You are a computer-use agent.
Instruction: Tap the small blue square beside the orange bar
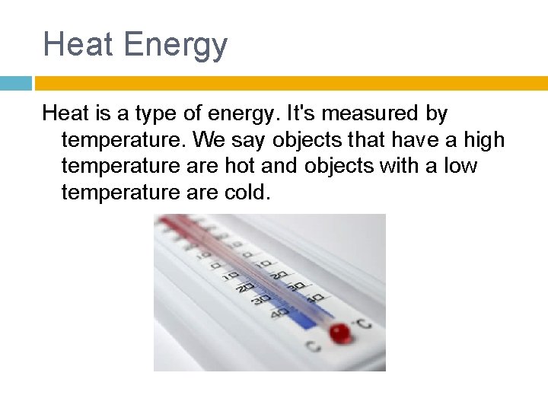[x=15, y=83]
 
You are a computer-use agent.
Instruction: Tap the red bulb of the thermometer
[x=339, y=332]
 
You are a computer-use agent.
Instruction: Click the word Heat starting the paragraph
[x=65, y=114]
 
